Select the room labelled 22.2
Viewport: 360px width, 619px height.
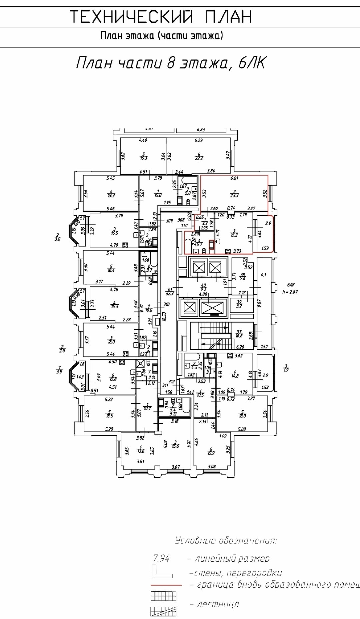(199, 158)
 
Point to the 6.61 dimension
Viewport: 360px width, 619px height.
(235, 178)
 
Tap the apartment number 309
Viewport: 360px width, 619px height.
(170, 220)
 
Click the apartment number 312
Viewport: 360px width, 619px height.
(172, 382)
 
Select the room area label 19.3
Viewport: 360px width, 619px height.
(111, 196)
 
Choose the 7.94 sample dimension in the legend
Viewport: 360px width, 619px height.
(161, 558)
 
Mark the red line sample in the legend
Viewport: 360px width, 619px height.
(166, 585)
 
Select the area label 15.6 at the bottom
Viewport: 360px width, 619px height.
(175, 446)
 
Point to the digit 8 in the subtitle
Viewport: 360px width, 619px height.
(171, 63)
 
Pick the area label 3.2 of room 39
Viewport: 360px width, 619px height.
(239, 306)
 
